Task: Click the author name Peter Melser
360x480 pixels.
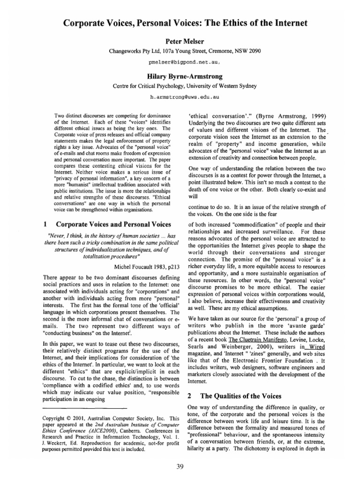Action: (x=180, y=41)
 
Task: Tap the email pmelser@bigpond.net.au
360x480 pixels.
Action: (x=180, y=62)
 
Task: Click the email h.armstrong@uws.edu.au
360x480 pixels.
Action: (x=180, y=97)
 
